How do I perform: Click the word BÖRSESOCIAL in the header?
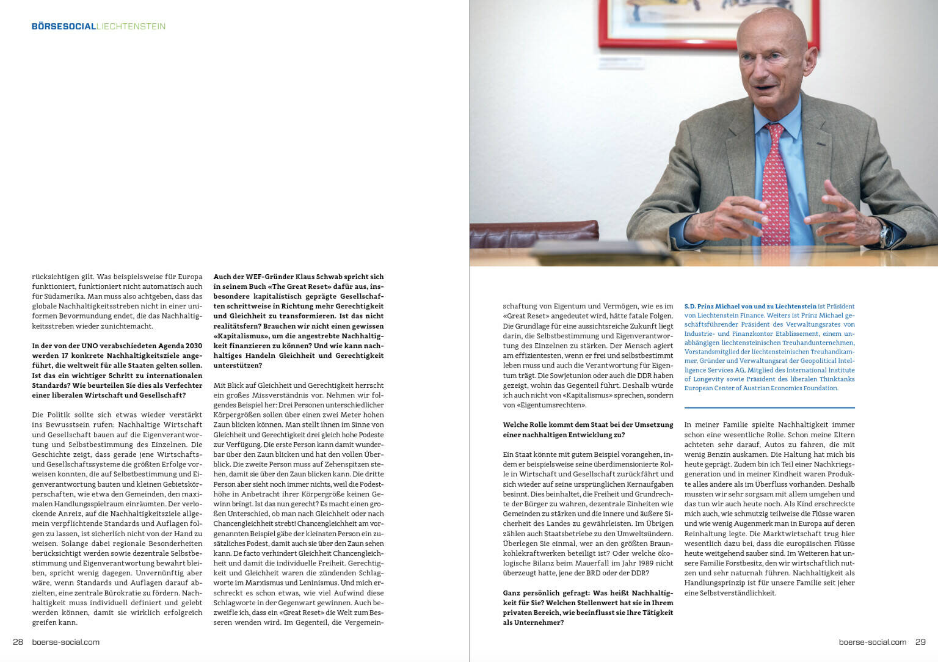[x=64, y=26]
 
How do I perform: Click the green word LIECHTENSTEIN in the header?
[x=131, y=26]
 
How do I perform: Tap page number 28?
[x=18, y=642]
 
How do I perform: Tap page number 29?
[x=920, y=642]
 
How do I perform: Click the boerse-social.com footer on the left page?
[x=65, y=642]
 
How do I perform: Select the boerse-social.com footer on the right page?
[x=872, y=642]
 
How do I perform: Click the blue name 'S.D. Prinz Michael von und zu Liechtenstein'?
[x=750, y=307]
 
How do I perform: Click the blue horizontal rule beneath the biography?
[x=769, y=407]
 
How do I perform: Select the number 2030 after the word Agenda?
[x=191, y=346]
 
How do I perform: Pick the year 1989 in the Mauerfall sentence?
[x=634, y=563]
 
